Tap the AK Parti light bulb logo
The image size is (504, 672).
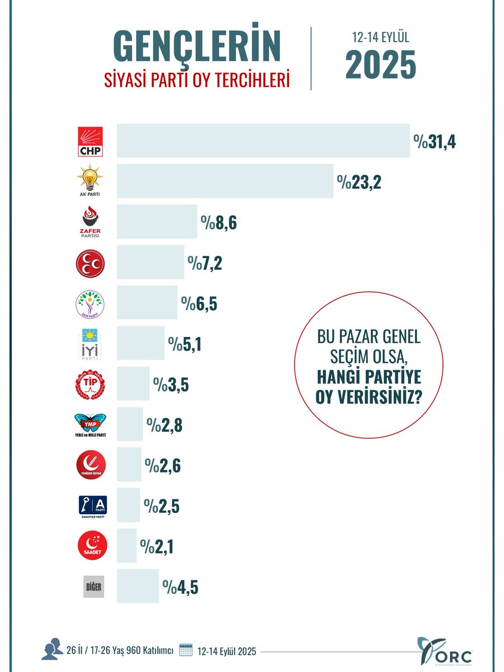tap(90, 180)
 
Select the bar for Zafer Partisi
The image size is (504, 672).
tap(157, 222)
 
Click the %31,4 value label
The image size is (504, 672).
tap(435, 142)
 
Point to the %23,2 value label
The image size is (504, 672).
tap(359, 182)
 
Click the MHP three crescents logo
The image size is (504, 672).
tap(90, 263)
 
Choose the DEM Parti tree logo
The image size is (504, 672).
tap(90, 303)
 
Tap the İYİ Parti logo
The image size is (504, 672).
tap(90, 343)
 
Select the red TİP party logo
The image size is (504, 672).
tap(90, 384)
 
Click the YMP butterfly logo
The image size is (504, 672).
tap(90, 424)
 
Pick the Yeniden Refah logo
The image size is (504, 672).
tap(90, 465)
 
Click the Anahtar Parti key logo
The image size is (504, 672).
tap(90, 506)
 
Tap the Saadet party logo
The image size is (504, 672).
tap(90, 546)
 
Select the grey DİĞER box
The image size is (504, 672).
tap(94, 586)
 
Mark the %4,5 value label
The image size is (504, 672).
tap(180, 587)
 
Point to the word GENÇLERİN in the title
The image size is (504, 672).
tap(197, 49)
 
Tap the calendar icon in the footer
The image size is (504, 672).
tap(185, 650)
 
